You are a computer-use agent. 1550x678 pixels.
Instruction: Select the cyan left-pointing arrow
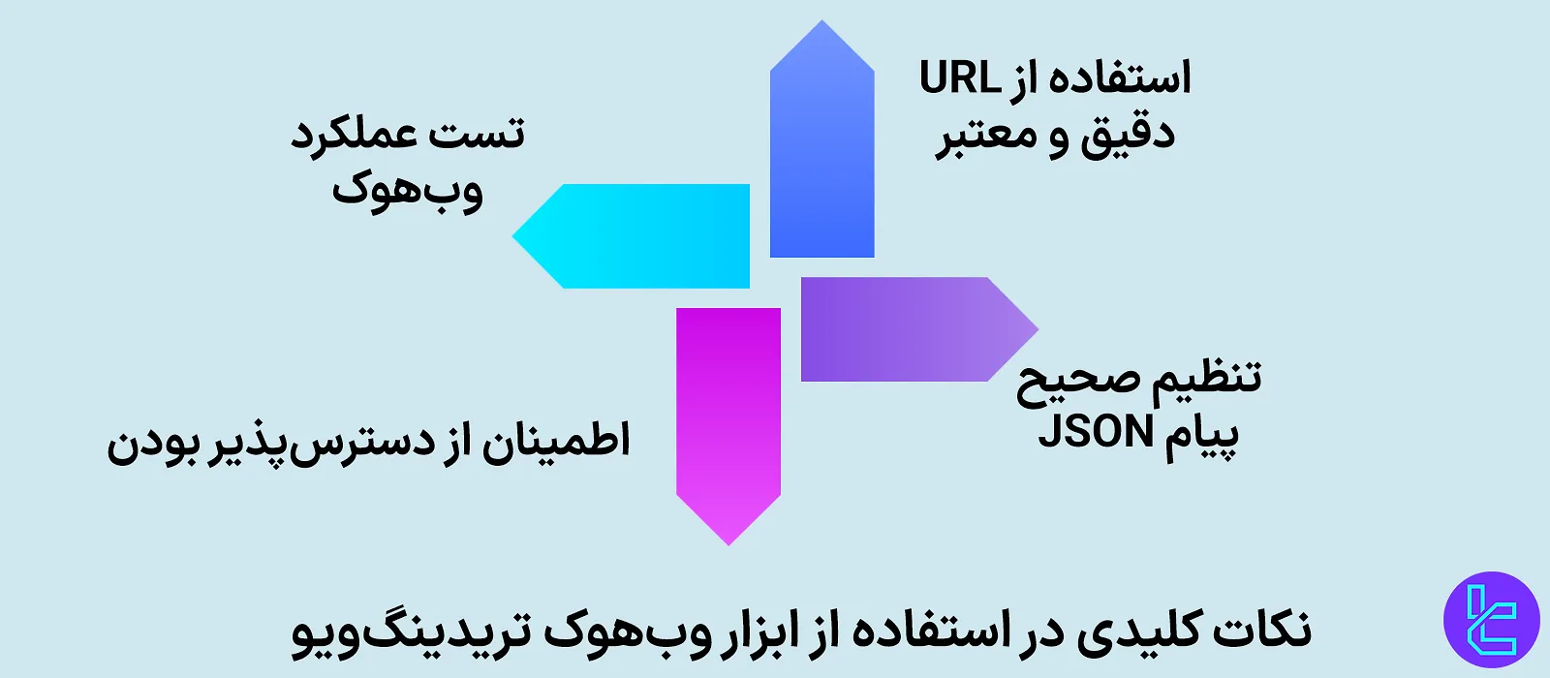click(639, 235)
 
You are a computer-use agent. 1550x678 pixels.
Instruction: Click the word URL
click(959, 78)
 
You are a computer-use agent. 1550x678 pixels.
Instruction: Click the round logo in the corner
click(1491, 620)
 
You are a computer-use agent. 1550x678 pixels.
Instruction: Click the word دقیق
click(1128, 134)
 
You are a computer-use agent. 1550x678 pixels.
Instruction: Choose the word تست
click(478, 133)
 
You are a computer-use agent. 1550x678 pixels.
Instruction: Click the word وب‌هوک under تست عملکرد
click(408, 189)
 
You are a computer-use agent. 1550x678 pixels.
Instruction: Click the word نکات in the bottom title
click(1265, 631)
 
